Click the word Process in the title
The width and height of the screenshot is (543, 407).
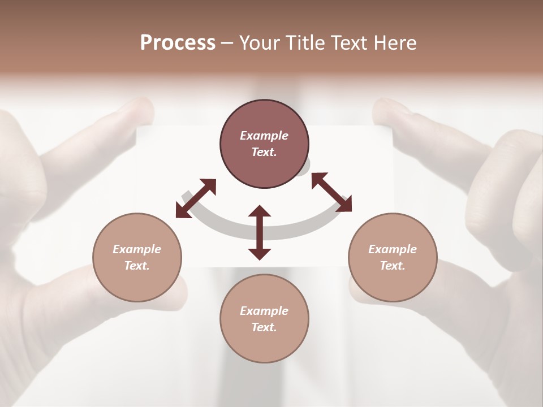[178, 43]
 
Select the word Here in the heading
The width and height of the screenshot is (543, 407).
[395, 43]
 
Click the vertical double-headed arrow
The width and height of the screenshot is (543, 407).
[260, 233]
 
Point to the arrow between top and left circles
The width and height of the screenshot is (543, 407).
[196, 198]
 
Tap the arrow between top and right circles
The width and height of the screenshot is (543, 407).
[331, 192]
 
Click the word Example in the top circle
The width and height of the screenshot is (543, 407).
[264, 136]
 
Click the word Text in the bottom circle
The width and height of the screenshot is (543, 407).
[263, 327]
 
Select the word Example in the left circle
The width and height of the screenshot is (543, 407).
[137, 249]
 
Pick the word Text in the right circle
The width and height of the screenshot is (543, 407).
[391, 266]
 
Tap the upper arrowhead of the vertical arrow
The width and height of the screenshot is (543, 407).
[260, 211]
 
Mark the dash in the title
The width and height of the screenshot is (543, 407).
[227, 43]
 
